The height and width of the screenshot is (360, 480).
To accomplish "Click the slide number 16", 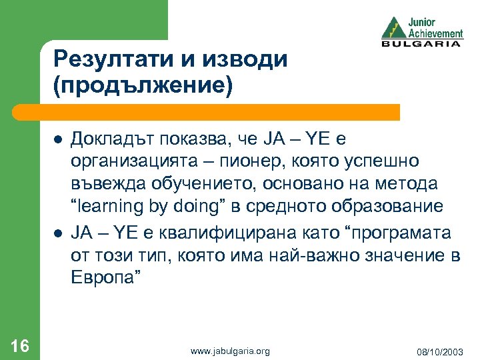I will [20, 345].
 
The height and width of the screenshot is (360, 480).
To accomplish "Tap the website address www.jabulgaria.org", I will [230, 351].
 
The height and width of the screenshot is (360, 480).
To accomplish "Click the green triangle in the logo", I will [393, 29].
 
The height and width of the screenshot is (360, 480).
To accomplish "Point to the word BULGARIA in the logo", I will [421, 44].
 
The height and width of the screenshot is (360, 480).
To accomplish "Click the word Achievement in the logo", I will [435, 33].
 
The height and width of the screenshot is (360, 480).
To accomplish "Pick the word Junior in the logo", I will [423, 21].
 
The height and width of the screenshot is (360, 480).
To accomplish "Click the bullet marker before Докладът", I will [58, 139].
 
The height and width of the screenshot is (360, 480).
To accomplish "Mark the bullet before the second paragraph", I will [58, 233].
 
